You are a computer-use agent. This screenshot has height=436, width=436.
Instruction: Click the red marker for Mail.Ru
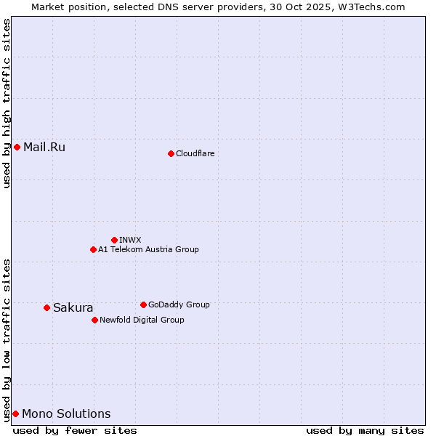[x=17, y=148]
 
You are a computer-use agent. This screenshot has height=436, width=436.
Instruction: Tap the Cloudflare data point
[x=171, y=153]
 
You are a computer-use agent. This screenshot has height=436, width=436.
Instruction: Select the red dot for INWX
[x=114, y=240]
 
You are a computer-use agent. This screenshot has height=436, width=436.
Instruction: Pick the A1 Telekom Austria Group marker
[x=93, y=249]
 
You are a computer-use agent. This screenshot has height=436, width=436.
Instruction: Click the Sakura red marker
[x=47, y=307]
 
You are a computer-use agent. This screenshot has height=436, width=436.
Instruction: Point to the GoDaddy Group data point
[x=143, y=304]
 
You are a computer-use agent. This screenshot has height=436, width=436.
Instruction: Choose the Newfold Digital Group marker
[x=94, y=320]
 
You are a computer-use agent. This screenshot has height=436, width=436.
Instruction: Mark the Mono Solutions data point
[x=15, y=413]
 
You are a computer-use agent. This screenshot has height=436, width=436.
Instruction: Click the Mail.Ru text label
[x=44, y=148]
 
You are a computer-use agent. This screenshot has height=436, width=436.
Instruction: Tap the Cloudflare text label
[x=195, y=153]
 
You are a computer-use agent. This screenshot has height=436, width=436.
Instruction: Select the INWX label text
[x=130, y=240]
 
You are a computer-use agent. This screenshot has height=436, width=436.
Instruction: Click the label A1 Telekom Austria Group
[x=148, y=249]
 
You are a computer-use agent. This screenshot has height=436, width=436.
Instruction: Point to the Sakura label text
[x=73, y=307]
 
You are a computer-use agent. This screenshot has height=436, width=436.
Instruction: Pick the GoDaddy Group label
[x=178, y=304]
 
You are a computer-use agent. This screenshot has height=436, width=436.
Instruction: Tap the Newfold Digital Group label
[x=142, y=320]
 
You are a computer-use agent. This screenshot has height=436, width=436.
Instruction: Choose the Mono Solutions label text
[x=66, y=413]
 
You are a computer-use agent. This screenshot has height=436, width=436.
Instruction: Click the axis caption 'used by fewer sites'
[x=75, y=430]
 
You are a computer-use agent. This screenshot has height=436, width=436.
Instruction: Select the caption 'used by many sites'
[x=365, y=430]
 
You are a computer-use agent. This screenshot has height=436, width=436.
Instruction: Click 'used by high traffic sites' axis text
[x=7, y=103]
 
